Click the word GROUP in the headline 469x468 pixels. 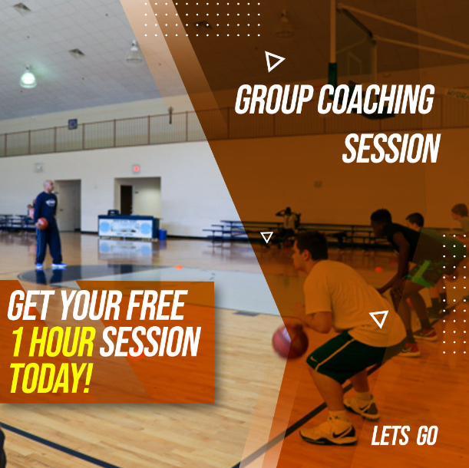pyautogui.click(x=273, y=99)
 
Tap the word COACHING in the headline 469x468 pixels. pyautogui.click(x=375, y=99)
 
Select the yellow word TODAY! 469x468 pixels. pyautogui.click(x=50, y=378)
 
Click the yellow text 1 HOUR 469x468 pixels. pyautogui.click(x=53, y=341)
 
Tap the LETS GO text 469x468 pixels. pyautogui.click(x=405, y=436)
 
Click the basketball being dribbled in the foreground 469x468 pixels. pyautogui.click(x=290, y=341)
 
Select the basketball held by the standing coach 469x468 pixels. pyautogui.click(x=42, y=223)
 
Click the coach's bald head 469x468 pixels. pyautogui.click(x=49, y=186)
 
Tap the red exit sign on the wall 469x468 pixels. pyautogui.click(x=136, y=169)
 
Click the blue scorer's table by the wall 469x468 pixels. pyautogui.click(x=128, y=226)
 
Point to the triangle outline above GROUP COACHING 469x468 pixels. pyautogui.click(x=273, y=61)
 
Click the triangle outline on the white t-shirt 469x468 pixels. pyautogui.click(x=379, y=319)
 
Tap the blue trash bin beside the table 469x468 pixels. pyautogui.click(x=163, y=235)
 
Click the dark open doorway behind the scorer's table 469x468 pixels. pyautogui.click(x=126, y=199)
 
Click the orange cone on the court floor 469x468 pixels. pyautogui.click(x=179, y=267)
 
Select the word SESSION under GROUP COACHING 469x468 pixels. pyautogui.click(x=391, y=148)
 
